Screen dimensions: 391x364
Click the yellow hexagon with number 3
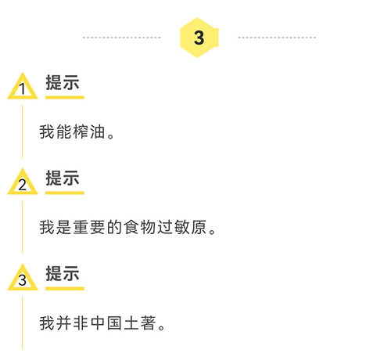click(x=199, y=38)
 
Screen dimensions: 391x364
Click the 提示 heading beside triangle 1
click(x=63, y=82)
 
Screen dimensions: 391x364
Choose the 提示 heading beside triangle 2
click(x=63, y=178)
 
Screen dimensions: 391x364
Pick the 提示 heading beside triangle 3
click(x=63, y=273)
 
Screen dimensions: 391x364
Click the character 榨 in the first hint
click(x=81, y=132)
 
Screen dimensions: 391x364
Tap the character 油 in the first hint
click(x=98, y=132)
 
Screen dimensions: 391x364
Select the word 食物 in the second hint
click(x=139, y=227)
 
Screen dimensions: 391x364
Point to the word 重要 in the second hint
click(x=89, y=227)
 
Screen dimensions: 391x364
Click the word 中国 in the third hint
click(x=106, y=323)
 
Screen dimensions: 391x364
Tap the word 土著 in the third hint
click(x=140, y=323)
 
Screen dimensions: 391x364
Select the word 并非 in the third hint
click(x=72, y=323)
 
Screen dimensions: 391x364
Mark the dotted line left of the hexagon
click(x=122, y=38)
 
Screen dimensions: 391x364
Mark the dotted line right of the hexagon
click(x=277, y=38)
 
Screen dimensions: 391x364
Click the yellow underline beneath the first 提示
click(x=65, y=97)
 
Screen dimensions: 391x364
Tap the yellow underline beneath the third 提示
click(x=65, y=288)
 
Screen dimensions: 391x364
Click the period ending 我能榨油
click(x=111, y=136)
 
